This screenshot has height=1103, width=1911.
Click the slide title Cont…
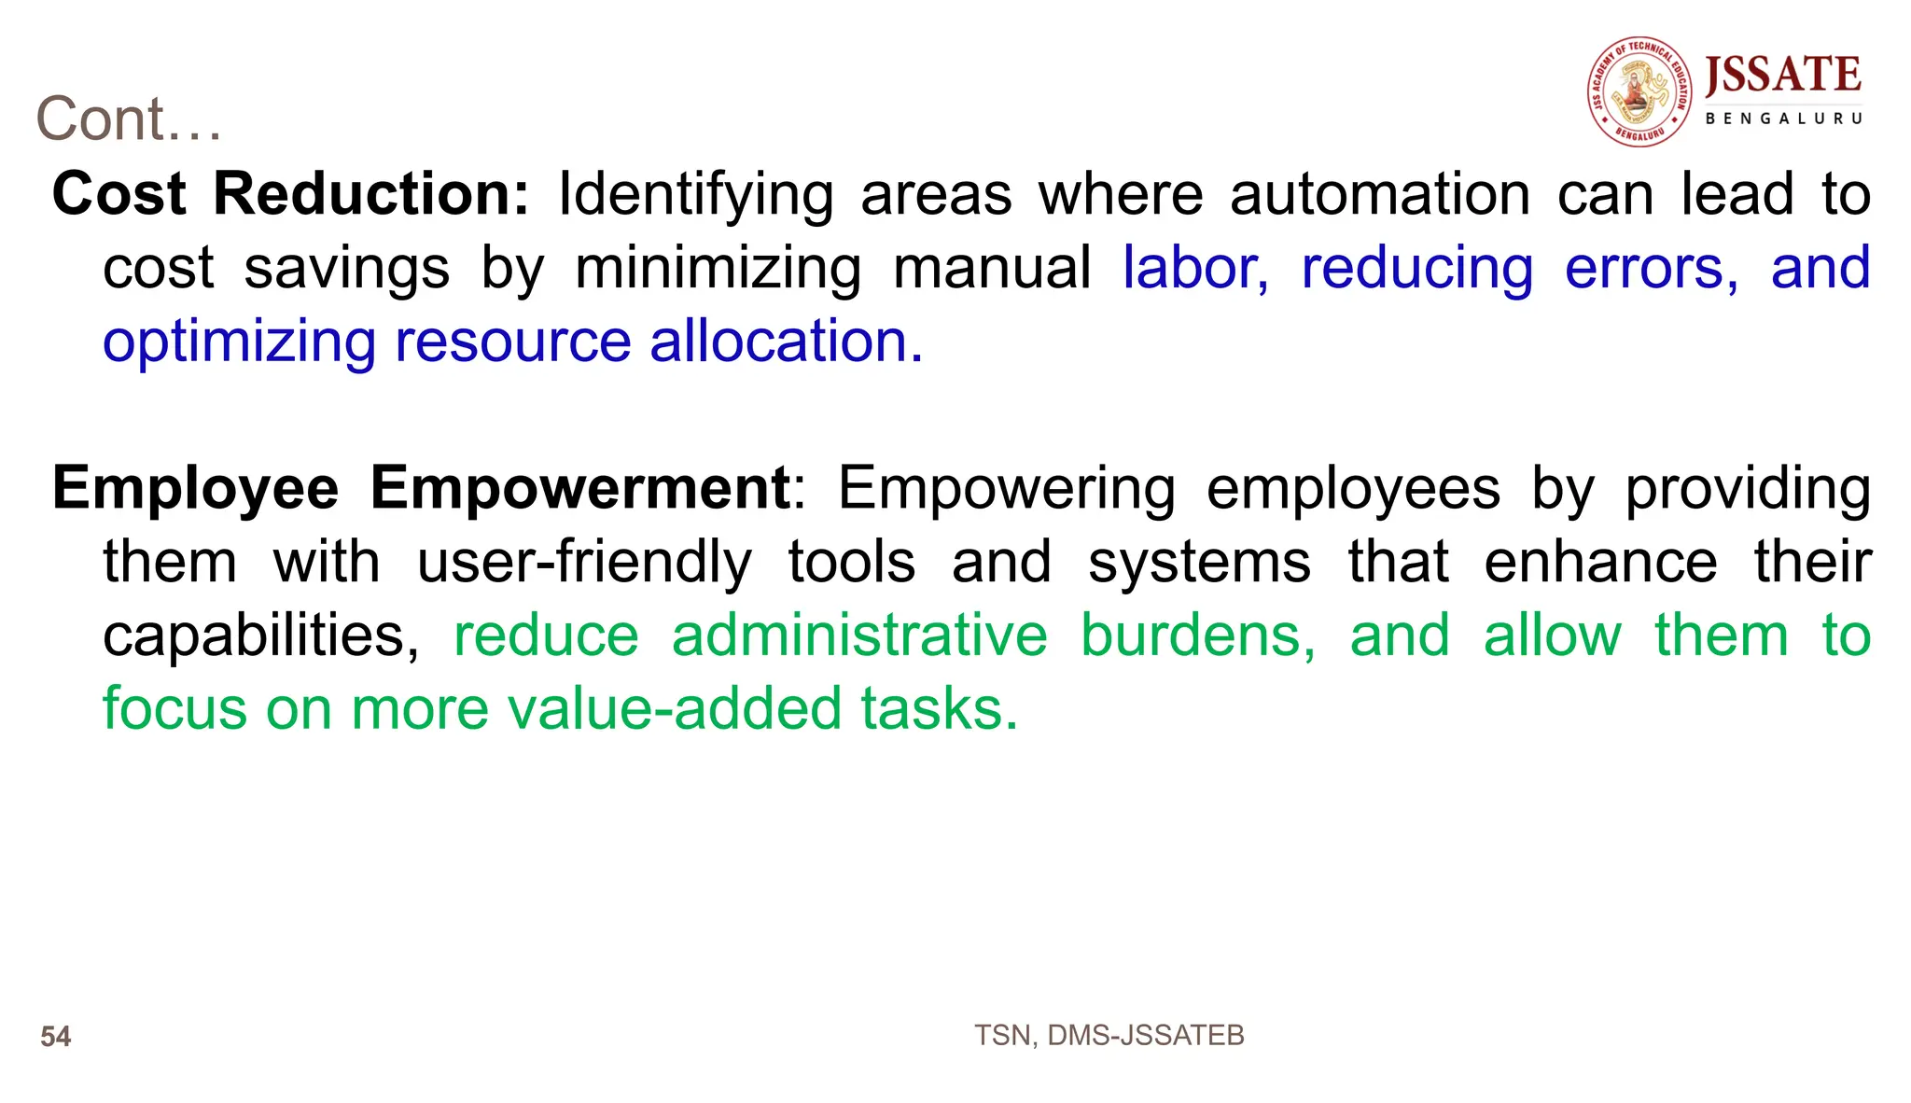click(129, 119)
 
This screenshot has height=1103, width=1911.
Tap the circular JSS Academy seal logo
click(1639, 91)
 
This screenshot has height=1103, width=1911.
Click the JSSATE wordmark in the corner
click(1782, 76)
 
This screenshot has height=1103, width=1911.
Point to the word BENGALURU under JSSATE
click(1783, 119)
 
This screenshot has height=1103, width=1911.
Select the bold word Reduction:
click(371, 194)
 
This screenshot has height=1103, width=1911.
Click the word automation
click(1380, 194)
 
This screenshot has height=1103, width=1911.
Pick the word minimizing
click(718, 269)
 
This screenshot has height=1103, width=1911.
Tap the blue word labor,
click(1195, 269)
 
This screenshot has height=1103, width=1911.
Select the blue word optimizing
click(239, 342)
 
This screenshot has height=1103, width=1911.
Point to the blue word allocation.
click(786, 342)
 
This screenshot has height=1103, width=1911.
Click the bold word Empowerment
click(580, 488)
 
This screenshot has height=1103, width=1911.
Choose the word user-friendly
click(584, 562)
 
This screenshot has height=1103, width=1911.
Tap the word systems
click(1199, 562)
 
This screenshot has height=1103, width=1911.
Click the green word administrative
click(859, 636)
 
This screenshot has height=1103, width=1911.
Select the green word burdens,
click(1198, 636)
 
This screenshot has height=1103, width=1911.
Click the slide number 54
click(56, 1037)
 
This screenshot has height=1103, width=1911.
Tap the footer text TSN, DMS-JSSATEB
click(1109, 1036)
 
